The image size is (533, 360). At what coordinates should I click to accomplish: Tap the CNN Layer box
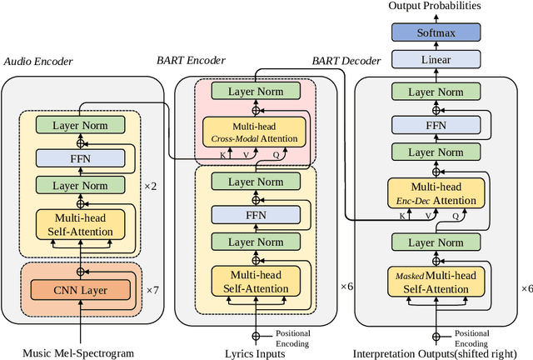[81, 290]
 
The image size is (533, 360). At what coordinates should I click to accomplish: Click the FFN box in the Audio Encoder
[81, 157]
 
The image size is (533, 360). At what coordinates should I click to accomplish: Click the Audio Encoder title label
[39, 62]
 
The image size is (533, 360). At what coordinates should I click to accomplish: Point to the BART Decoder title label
[346, 61]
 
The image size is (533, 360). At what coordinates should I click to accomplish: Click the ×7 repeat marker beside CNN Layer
[152, 289]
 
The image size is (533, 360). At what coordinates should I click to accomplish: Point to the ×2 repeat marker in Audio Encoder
[150, 185]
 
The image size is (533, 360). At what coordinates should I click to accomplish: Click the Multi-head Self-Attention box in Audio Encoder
[81, 224]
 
